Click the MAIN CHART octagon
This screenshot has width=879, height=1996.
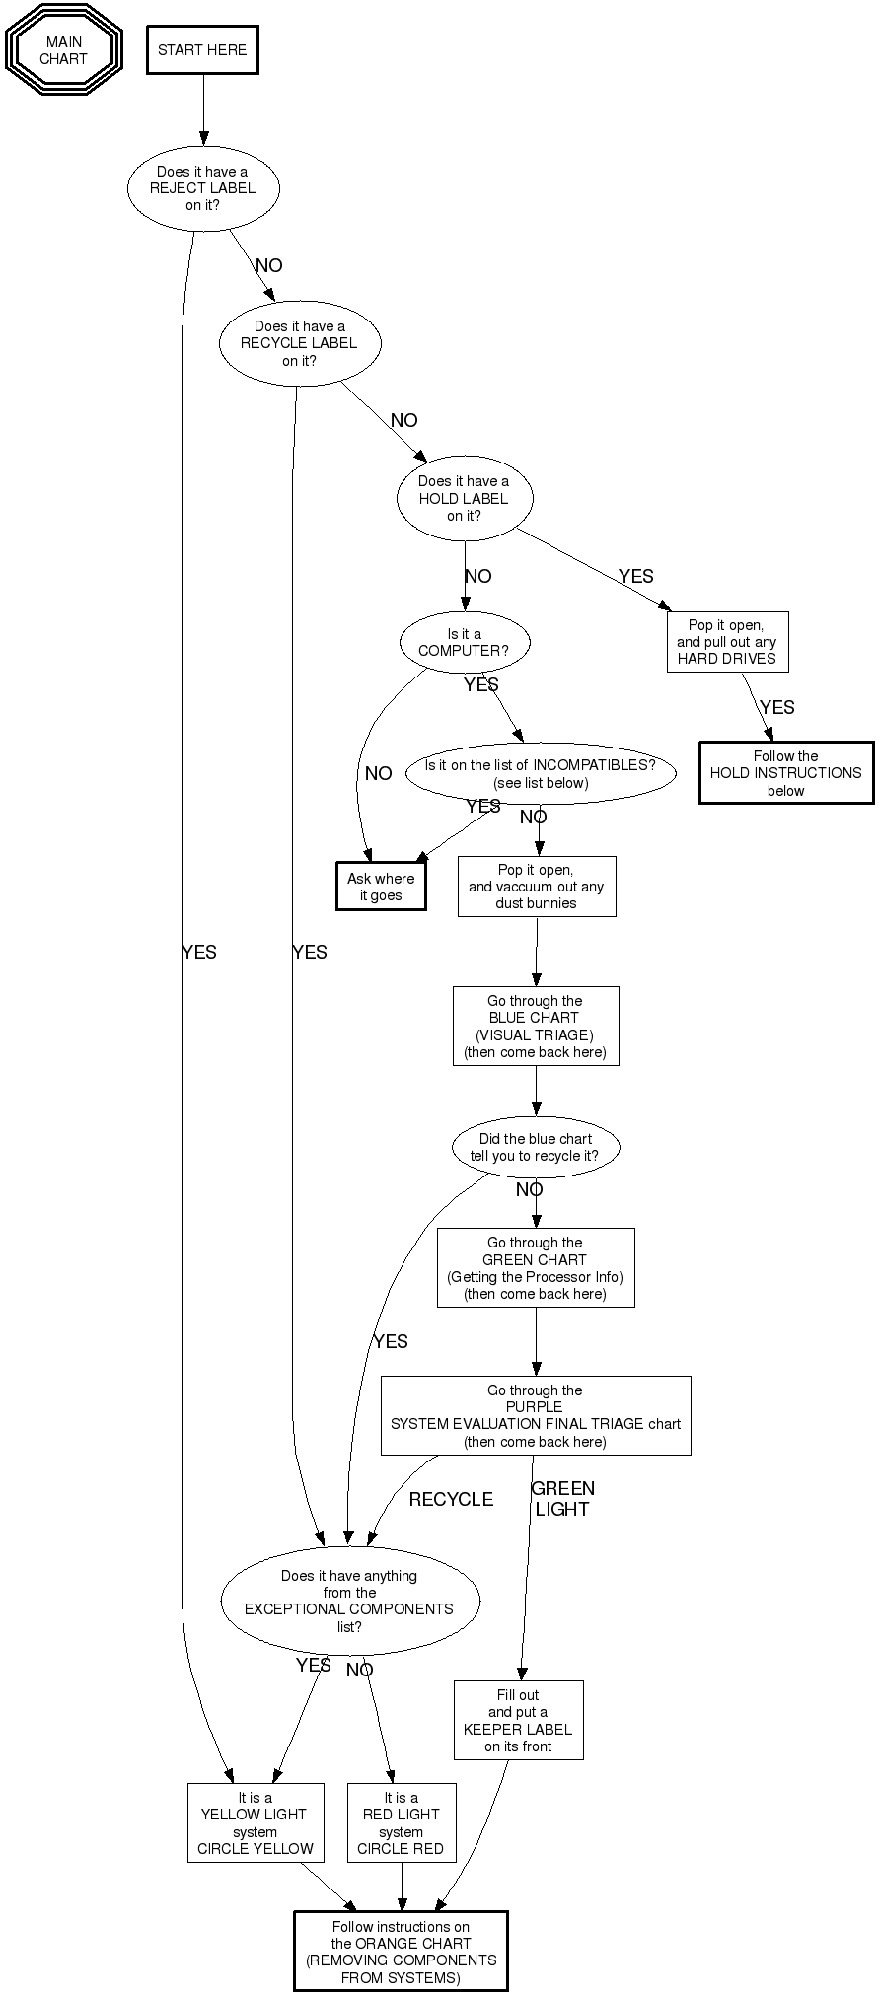[64, 50]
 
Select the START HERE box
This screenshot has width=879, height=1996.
[202, 50]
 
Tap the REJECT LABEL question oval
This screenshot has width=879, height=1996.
[203, 188]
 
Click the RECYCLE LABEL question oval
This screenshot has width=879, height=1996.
[299, 343]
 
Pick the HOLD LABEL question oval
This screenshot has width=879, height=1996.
[464, 499]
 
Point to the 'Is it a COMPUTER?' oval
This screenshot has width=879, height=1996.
[465, 643]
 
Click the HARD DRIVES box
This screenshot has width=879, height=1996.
[727, 642]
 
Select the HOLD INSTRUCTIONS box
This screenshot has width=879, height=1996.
[786, 773]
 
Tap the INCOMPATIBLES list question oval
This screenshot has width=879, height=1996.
[541, 774]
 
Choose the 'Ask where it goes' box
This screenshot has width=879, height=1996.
[381, 887]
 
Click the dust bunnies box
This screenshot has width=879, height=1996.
[537, 887]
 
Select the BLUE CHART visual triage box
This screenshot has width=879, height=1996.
[536, 1027]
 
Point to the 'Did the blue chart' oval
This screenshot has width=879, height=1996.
[536, 1147]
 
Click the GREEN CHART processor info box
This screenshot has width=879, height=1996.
[536, 1268]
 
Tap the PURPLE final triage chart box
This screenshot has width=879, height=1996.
[536, 1416]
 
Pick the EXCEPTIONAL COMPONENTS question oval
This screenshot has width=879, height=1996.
[350, 1602]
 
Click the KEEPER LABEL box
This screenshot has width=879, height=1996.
[518, 1721]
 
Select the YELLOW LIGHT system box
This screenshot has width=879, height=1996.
[256, 1823]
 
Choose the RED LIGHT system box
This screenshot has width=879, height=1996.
[402, 1823]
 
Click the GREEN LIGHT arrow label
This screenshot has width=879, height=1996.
[562, 1499]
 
